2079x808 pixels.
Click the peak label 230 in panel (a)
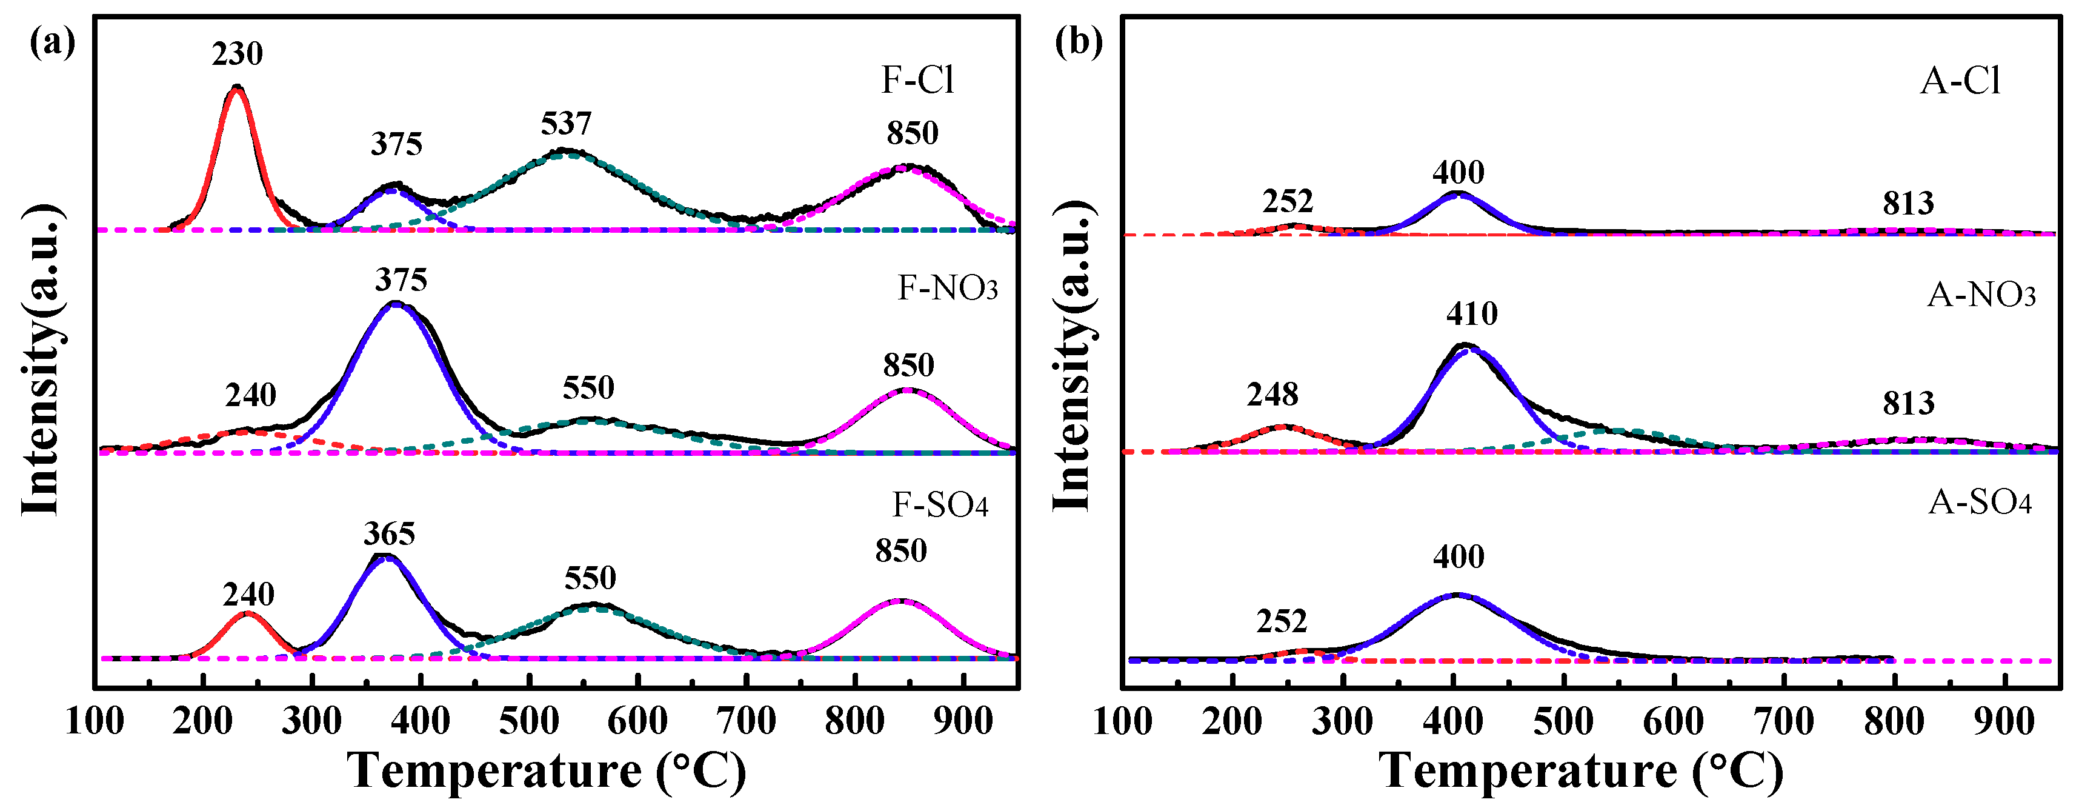(x=238, y=54)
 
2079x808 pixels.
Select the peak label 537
(x=566, y=124)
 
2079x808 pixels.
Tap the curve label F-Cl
(x=917, y=80)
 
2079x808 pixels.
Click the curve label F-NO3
(x=948, y=287)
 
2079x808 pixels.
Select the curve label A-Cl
(x=1960, y=81)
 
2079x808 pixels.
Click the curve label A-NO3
(x=1981, y=295)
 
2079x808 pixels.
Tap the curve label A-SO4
(x=1980, y=502)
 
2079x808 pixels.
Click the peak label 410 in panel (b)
(x=1471, y=313)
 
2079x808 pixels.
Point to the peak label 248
(x=1272, y=395)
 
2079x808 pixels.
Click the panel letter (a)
(x=52, y=42)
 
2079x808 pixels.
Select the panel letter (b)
(x=1078, y=42)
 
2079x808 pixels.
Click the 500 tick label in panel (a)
(x=528, y=721)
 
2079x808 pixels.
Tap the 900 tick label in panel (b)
(x=2004, y=721)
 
